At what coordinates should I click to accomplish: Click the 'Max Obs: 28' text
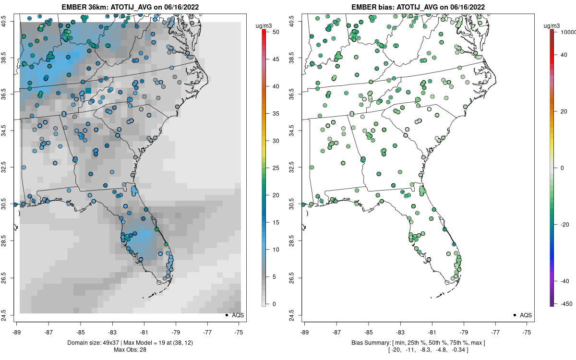click(x=130, y=349)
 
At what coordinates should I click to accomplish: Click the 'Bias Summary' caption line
click(x=418, y=342)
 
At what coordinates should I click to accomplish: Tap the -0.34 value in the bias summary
click(x=459, y=349)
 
